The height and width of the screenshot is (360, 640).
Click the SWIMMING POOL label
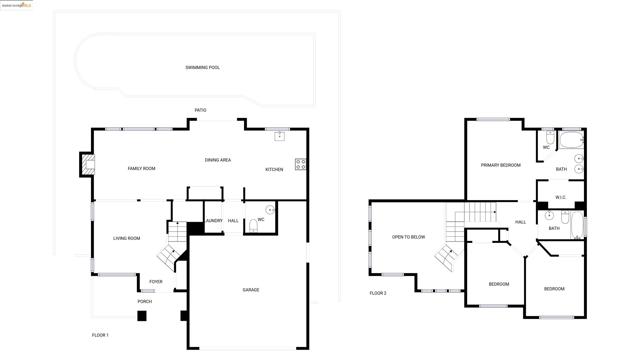point(202,68)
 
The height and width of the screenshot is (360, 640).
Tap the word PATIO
point(201,110)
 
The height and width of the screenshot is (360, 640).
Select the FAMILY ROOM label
point(141,168)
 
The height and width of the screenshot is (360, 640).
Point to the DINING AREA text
point(218,160)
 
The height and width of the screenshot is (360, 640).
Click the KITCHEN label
point(274,169)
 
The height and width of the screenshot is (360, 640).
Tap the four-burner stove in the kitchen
point(300,164)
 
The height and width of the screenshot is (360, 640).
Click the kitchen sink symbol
point(280,134)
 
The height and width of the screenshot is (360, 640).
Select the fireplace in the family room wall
point(86,165)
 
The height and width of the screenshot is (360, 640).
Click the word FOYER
point(156,281)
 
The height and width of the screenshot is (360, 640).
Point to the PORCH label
point(145,301)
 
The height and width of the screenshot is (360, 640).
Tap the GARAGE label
point(250,290)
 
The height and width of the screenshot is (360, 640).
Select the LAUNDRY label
point(212,221)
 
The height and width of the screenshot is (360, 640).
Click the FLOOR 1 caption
point(100,334)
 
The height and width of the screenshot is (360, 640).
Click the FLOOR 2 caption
point(377,293)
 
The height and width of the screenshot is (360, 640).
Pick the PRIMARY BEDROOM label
point(500,165)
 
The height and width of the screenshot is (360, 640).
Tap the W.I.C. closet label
point(561,197)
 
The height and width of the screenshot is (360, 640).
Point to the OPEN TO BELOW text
point(408,237)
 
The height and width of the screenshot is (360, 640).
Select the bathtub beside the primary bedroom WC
point(570,140)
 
